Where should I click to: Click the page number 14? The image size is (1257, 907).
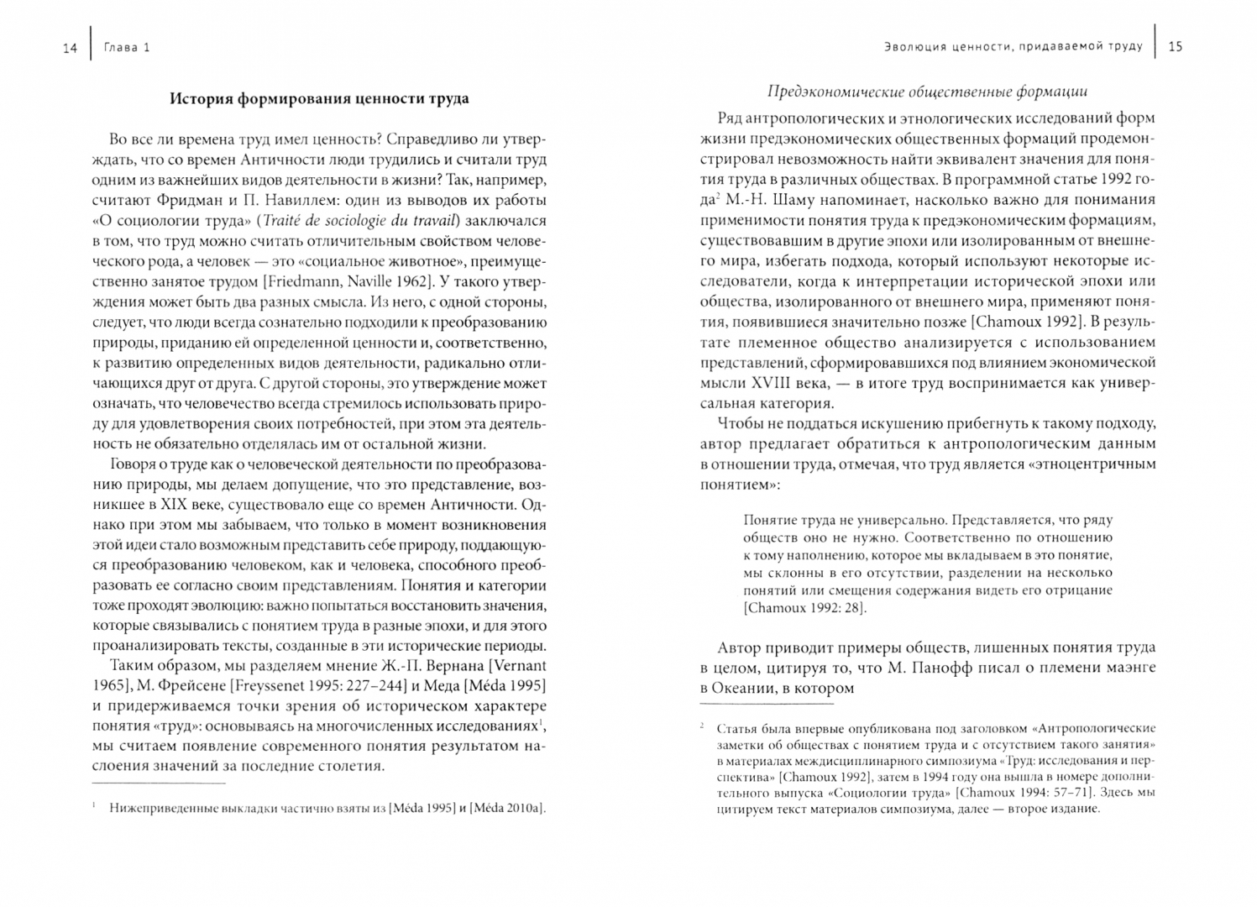pyautogui.click(x=70, y=48)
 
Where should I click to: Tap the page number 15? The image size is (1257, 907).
pyautogui.click(x=1175, y=46)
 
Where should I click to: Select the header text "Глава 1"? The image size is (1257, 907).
pyautogui.click(x=127, y=48)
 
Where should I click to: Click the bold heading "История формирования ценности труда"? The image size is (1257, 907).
pyautogui.click(x=319, y=98)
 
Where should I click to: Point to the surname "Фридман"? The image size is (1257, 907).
pyautogui.click(x=175, y=201)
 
